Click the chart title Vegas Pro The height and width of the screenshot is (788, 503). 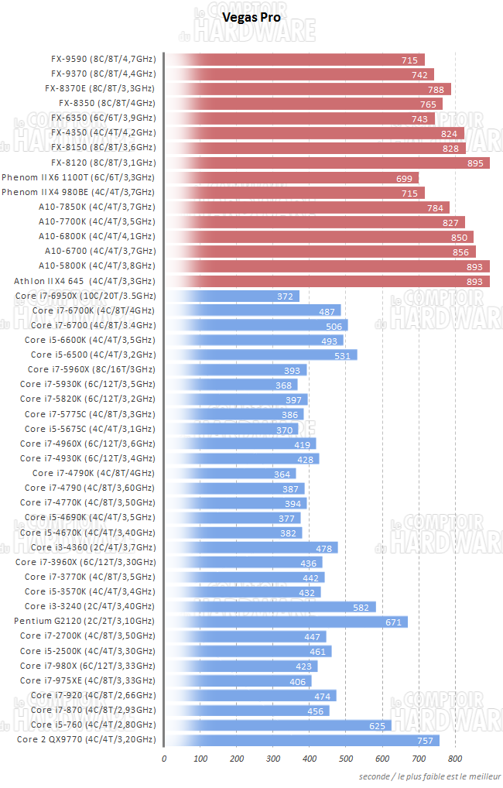251,16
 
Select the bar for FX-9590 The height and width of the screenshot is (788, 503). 294,60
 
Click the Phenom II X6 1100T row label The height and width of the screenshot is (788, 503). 78,177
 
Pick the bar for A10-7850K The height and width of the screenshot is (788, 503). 306,207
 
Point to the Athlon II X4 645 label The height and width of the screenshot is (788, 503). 84,281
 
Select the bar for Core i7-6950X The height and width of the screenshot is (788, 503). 232,296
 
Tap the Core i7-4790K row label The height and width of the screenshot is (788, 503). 94,473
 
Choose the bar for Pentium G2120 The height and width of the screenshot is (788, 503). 286,622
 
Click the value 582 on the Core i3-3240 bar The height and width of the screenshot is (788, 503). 361,607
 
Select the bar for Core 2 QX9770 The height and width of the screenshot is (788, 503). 302,740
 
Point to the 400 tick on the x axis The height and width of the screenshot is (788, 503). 309,759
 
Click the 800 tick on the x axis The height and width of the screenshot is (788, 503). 454,759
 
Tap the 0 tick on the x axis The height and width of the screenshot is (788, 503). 164,759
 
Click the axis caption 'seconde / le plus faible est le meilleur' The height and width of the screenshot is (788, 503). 429,776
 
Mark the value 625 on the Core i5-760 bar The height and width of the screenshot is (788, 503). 377,725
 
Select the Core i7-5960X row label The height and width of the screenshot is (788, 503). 91,370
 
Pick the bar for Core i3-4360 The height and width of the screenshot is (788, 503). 251,547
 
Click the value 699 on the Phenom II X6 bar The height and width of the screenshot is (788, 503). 404,177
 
